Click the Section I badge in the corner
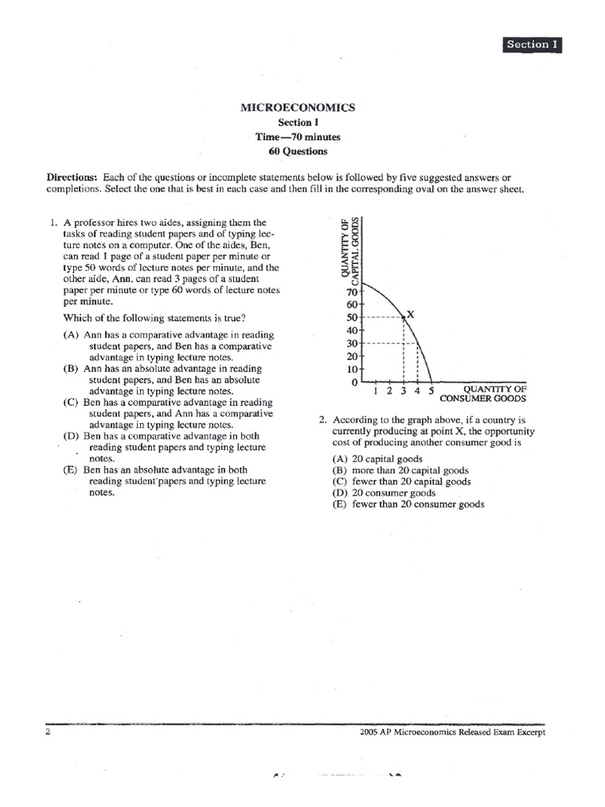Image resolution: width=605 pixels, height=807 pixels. [532, 45]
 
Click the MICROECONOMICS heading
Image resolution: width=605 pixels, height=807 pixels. [298, 107]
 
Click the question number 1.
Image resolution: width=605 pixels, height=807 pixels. [53, 222]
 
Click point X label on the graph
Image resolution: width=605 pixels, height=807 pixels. [410, 314]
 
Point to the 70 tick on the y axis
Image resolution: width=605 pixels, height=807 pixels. [352, 291]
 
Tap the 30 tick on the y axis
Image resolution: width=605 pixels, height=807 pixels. [352, 344]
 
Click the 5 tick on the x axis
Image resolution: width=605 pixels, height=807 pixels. [431, 390]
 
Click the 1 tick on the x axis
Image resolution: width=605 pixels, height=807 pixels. [377, 390]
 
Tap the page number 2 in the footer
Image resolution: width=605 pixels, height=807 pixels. [49, 731]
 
